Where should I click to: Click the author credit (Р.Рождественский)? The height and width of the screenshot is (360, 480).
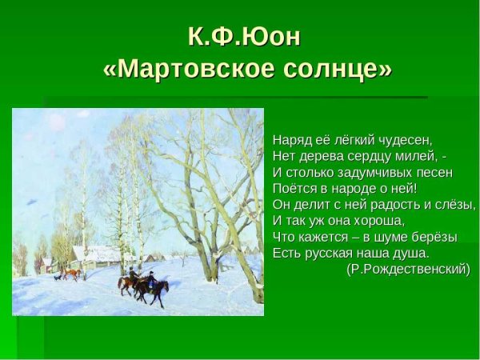pyautogui.click(x=408, y=270)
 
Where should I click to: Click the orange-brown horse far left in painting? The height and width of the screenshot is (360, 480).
pyautogui.click(x=73, y=274)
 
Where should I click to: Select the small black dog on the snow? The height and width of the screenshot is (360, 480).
pyautogui.click(x=56, y=277)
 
